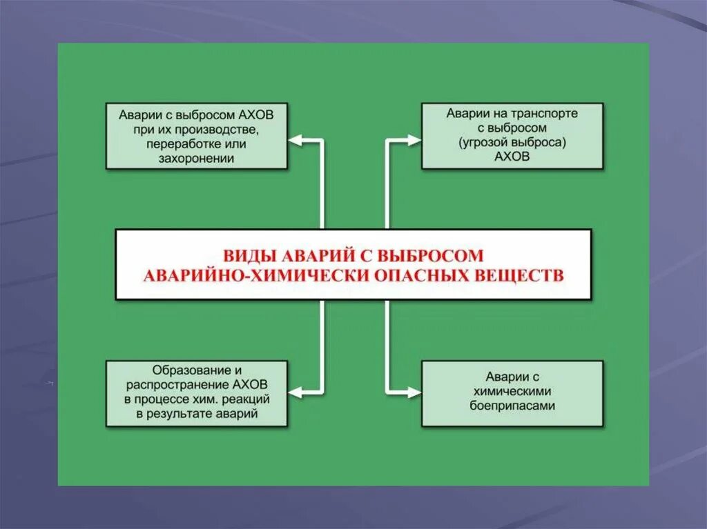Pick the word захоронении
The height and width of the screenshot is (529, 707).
pyautogui.click(x=196, y=159)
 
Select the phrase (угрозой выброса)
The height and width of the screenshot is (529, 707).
pyautogui.click(x=512, y=142)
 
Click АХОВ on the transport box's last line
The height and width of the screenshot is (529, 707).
pyautogui.click(x=512, y=157)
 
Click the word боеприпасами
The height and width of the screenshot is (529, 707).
pyautogui.click(x=512, y=406)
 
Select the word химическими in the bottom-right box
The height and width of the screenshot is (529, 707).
pyautogui.click(x=512, y=392)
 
